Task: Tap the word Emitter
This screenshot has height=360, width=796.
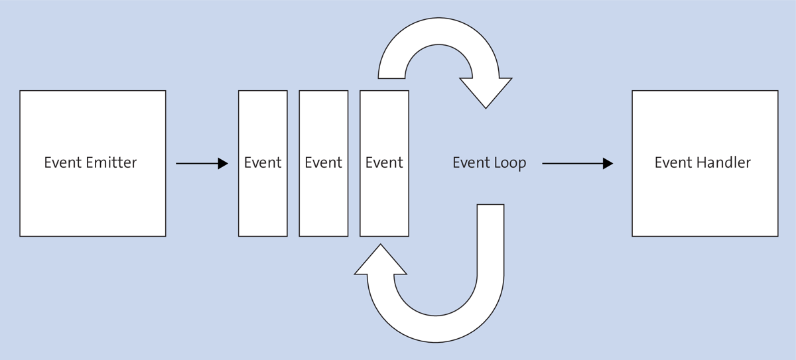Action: [x=112, y=162]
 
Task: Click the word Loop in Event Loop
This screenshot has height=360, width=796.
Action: [x=509, y=162]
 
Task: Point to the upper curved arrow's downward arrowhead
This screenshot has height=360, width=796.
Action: [x=486, y=93]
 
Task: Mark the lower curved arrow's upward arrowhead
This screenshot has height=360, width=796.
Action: [x=381, y=260]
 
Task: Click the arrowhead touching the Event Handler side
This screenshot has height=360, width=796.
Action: [x=608, y=163]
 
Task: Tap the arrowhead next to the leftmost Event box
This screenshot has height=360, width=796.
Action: [x=223, y=163]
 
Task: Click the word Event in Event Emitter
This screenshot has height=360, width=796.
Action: [x=64, y=162]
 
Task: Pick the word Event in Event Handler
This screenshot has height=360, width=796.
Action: [x=673, y=162]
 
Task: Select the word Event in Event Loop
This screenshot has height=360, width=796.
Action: [x=471, y=162]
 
